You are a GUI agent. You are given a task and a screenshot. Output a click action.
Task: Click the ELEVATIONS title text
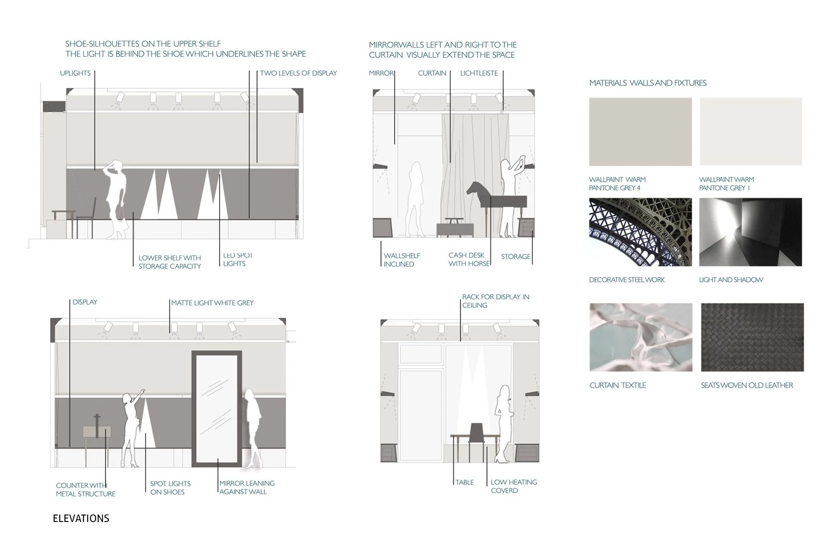[81, 519]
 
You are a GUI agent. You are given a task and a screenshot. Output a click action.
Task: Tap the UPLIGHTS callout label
[75, 73]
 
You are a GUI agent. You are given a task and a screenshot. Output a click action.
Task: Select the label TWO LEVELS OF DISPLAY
[298, 73]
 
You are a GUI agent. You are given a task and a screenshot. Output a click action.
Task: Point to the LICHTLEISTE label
[479, 73]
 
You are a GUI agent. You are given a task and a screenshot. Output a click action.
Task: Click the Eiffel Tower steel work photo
[640, 232]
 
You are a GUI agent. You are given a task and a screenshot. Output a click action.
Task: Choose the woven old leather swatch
[752, 337]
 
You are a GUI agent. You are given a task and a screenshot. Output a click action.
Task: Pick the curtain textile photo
[641, 337]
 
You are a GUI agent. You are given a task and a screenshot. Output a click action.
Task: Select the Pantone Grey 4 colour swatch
[640, 132]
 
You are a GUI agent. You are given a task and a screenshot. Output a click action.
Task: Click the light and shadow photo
[750, 232]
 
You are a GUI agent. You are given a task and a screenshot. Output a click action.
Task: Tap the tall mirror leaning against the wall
[217, 408]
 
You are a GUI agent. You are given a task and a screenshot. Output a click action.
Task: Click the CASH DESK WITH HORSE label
[469, 259]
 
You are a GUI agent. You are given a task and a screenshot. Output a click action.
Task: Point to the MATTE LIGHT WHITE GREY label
[212, 303]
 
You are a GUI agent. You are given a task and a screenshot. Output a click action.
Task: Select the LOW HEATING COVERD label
[514, 486]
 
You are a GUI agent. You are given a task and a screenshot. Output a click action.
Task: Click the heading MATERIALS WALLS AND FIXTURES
[648, 83]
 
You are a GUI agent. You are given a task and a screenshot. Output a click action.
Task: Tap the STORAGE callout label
[515, 257]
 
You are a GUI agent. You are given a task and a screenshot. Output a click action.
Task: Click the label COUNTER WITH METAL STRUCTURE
[85, 490]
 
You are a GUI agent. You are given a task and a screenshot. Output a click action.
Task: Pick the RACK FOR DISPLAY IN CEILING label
[495, 301]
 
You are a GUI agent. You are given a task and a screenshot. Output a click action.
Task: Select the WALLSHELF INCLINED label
[402, 260]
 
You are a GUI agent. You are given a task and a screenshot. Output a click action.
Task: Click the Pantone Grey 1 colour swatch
[750, 132]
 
